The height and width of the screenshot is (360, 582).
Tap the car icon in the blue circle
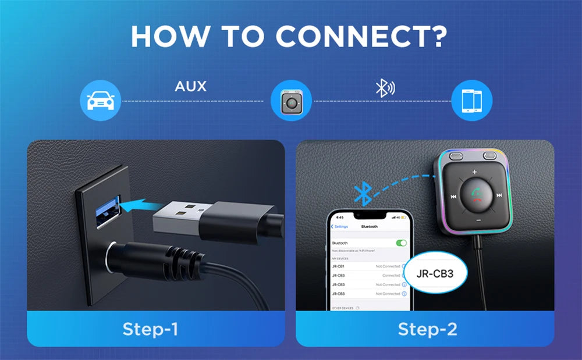100,101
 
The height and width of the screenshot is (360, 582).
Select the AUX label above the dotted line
190,87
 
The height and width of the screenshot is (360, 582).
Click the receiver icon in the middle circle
291,101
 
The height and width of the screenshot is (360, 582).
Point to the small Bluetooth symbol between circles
384,88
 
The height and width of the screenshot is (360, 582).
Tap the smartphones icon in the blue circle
472,101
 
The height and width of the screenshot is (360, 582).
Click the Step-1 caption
150,329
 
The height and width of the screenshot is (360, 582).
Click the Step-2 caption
428,329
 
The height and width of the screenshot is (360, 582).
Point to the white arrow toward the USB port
141,204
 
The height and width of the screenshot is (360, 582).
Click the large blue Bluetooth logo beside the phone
363,193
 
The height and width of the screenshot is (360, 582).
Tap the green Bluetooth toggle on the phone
401,243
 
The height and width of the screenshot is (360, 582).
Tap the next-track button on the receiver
499,196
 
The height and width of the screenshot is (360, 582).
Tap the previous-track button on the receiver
453,196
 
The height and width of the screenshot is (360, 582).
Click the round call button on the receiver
476,196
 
